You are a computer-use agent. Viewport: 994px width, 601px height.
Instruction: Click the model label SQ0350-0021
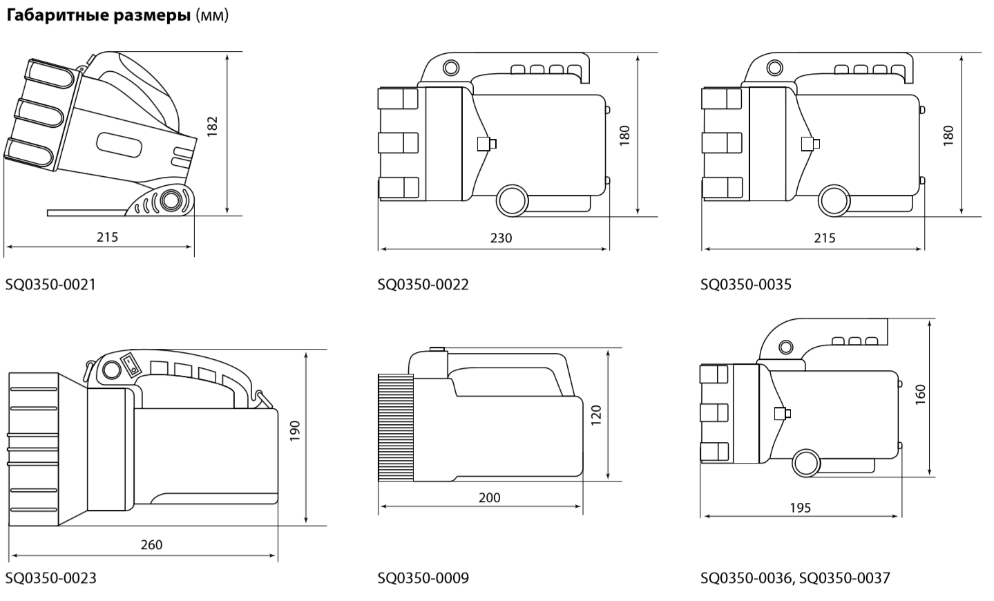click(x=50, y=285)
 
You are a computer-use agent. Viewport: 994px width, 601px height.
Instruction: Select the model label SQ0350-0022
click(x=423, y=285)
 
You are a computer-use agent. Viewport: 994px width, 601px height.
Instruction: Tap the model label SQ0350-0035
click(x=746, y=285)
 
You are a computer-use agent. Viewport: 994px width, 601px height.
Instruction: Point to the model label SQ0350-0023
click(x=50, y=578)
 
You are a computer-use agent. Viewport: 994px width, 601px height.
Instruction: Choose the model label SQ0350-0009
click(x=423, y=578)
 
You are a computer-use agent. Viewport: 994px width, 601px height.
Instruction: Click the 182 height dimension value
click(x=213, y=126)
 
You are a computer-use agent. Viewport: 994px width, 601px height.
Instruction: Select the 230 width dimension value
click(x=501, y=238)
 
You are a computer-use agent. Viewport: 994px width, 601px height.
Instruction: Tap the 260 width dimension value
click(x=152, y=544)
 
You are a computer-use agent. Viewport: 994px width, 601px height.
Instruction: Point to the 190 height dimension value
click(x=295, y=430)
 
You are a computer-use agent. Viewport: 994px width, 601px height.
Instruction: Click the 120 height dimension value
click(x=596, y=415)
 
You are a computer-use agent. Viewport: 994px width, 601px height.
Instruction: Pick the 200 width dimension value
click(x=490, y=497)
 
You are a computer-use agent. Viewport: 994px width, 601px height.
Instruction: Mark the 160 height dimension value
click(x=920, y=394)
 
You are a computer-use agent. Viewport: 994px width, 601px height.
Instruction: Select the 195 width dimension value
click(x=800, y=507)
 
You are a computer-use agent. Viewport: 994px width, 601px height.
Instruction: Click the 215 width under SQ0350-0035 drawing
click(x=825, y=238)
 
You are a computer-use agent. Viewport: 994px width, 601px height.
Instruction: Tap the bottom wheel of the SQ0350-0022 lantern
click(x=512, y=200)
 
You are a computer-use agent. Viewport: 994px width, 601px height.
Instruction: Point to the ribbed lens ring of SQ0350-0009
click(x=396, y=428)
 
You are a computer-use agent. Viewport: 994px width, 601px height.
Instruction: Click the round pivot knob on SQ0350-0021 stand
click(x=169, y=200)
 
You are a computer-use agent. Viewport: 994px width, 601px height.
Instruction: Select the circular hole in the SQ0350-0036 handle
click(x=786, y=347)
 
